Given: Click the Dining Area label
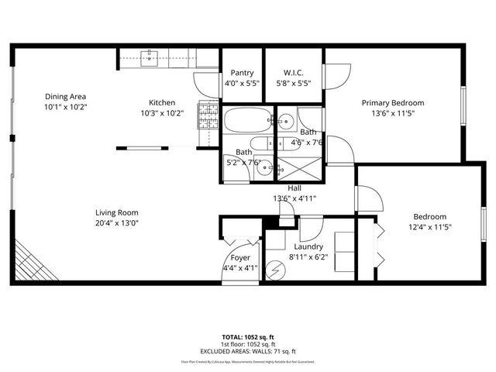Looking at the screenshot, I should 65,96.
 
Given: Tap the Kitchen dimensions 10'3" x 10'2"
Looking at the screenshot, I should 162,112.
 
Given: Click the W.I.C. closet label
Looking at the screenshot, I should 293,72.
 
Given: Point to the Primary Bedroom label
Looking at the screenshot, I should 393,102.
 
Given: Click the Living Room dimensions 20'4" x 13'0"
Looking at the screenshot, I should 116,223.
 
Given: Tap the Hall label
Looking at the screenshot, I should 294,188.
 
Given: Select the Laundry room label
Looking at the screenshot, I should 308,246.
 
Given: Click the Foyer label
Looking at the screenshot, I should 240,259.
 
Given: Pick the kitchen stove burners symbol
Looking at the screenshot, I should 207,117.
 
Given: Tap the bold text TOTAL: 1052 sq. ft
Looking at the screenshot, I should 248,337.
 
